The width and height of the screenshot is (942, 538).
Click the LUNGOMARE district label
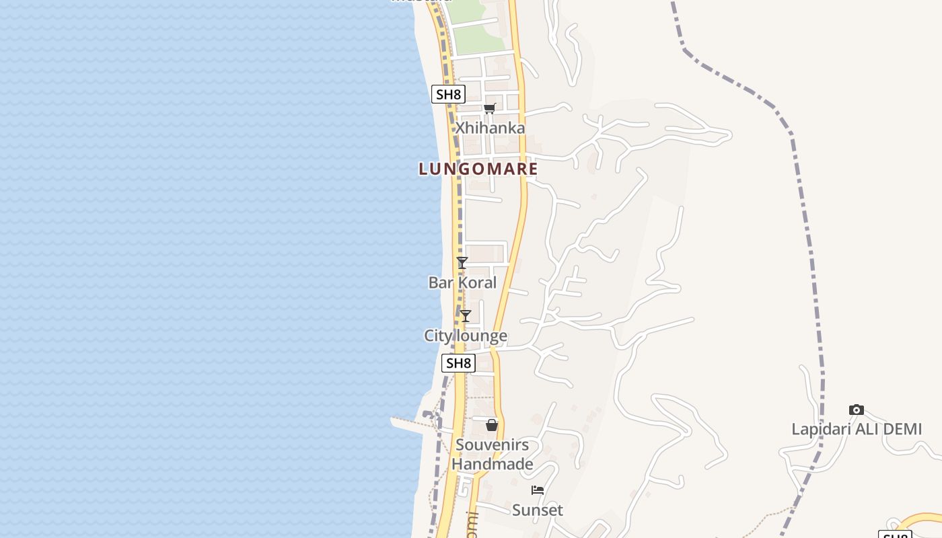click(x=478, y=169)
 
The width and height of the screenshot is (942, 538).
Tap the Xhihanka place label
click(x=490, y=128)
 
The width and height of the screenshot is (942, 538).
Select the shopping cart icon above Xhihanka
click(x=489, y=109)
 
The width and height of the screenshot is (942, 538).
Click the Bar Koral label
click(x=462, y=282)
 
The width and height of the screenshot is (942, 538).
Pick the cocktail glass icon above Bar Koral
click(x=462, y=263)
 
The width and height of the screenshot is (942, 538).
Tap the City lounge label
click(x=466, y=336)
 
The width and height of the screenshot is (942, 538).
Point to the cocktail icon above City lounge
click(x=465, y=316)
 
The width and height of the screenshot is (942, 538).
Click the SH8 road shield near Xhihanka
click(x=448, y=94)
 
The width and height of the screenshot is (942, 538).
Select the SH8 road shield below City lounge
click(x=458, y=363)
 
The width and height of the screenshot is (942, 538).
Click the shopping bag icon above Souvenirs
click(x=492, y=425)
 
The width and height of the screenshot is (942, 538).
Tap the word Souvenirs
click(x=492, y=445)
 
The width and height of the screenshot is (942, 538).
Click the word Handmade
click(x=492, y=464)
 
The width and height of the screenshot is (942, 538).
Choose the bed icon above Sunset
click(x=538, y=490)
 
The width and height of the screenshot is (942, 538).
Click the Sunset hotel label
click(x=538, y=510)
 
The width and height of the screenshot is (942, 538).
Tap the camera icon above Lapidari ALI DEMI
click(x=856, y=410)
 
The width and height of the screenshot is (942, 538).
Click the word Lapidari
click(x=819, y=429)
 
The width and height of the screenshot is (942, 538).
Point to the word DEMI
click(x=900, y=429)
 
